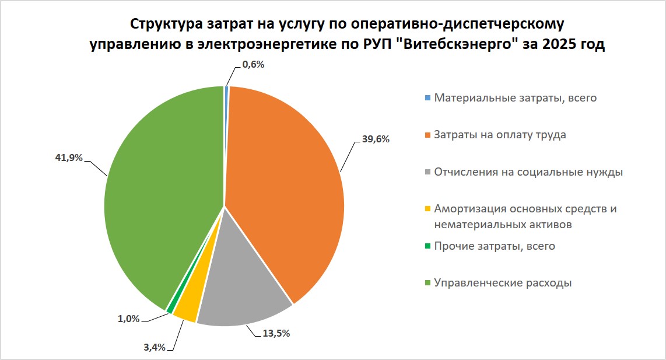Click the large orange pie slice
tap(286, 187)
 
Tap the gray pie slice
tap(242, 280)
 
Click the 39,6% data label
tap(375, 139)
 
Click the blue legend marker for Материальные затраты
tap(427, 98)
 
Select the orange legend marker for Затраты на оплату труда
tap(427, 135)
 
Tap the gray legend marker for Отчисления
tap(427, 173)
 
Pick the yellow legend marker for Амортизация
tap(427, 209)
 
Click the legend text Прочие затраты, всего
tap(495, 246)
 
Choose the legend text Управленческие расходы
tap(503, 283)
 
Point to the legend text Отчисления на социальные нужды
tap(529, 172)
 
